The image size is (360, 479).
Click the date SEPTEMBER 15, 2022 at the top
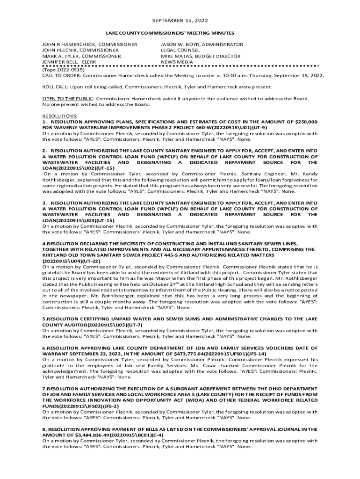tap(180, 21)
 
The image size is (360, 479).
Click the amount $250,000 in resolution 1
tap(303, 122)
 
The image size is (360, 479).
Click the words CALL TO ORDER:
tap(59, 75)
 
